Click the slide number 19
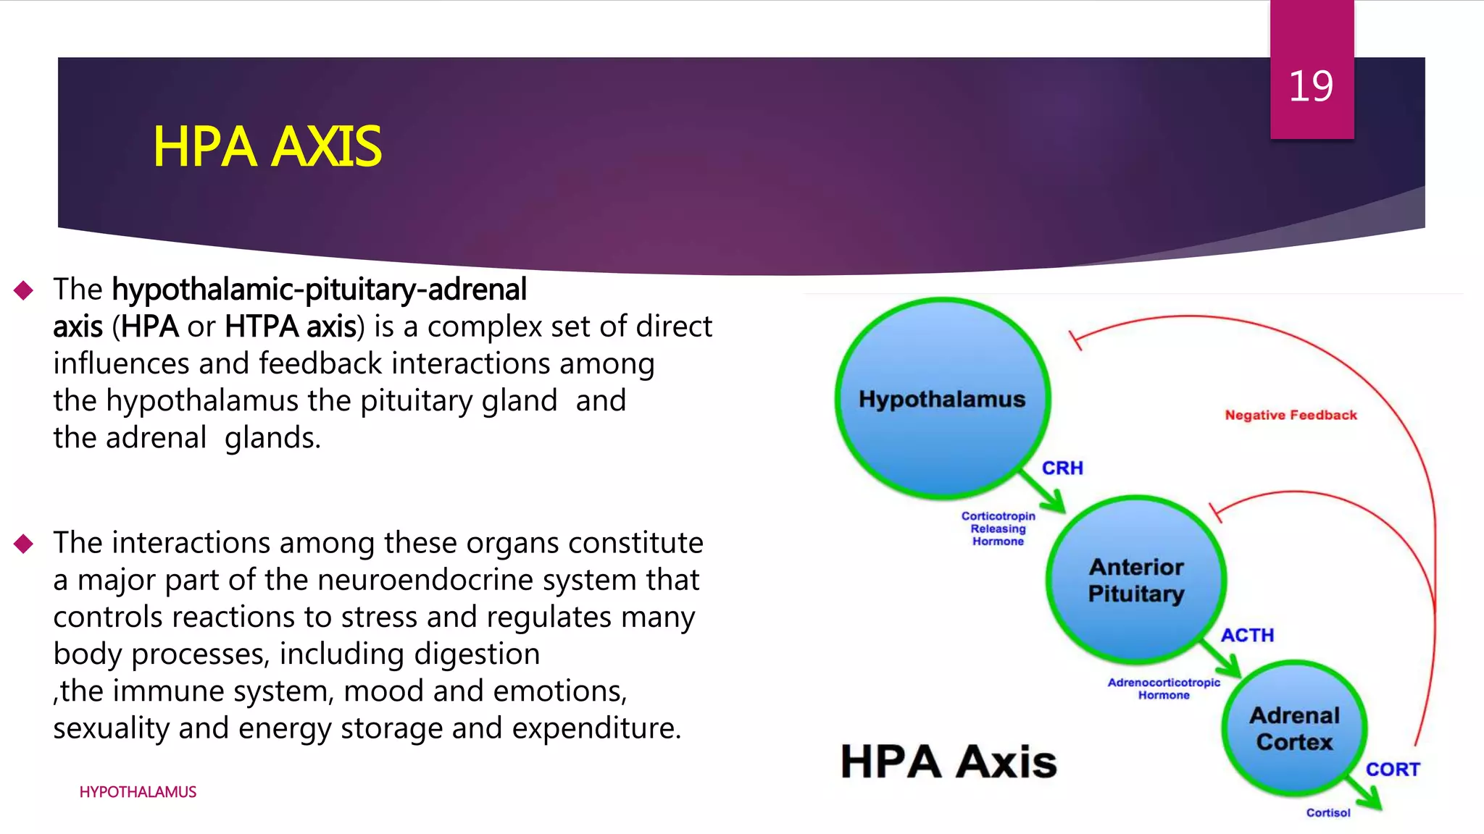pos(1311,86)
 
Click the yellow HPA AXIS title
pos(267,147)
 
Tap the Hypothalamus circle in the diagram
pos(942,399)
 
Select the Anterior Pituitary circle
pos(1136,580)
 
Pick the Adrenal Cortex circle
pos(1294,728)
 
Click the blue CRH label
pos(1062,468)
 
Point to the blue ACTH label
pos(1247,636)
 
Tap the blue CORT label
pos(1393,770)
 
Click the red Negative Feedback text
pos(1291,415)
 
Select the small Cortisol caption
pos(1328,813)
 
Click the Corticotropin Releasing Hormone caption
pos(998,528)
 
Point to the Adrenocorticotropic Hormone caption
pos(1164,688)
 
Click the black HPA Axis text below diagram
pos(949,762)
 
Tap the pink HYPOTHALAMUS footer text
pos(138,792)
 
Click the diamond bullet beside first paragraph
pos(24,290)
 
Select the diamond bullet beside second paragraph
pos(24,544)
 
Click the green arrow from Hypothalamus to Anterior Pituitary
pos(1044,493)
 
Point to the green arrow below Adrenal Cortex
pos(1364,793)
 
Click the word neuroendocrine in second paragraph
pos(427,580)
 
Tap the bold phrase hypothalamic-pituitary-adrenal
pos(319,290)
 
